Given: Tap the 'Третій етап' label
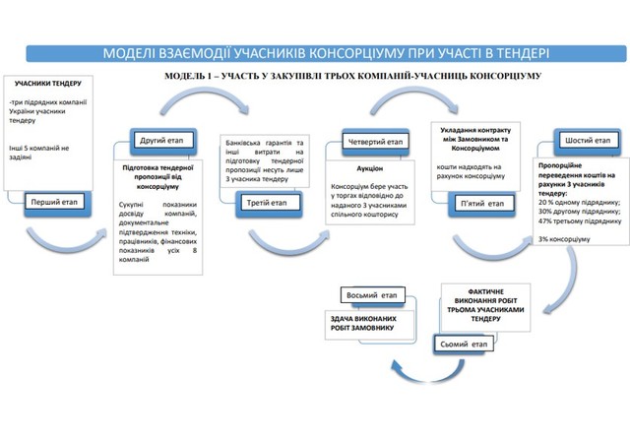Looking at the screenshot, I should point(265,204).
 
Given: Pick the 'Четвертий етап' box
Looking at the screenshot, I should point(372,142).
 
